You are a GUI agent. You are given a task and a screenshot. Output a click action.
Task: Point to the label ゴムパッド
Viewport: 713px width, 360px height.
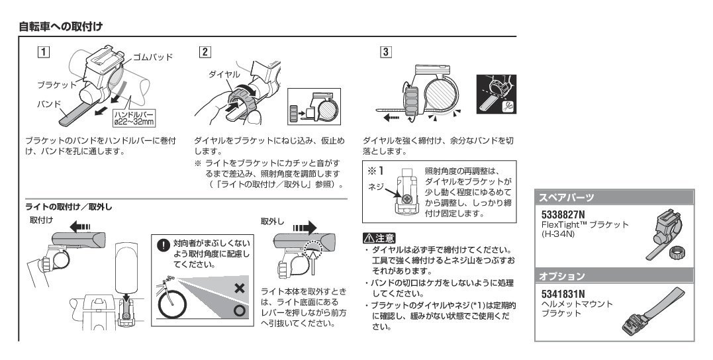tap(152, 57)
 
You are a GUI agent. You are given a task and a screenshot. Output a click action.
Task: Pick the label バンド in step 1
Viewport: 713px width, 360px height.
tap(49, 105)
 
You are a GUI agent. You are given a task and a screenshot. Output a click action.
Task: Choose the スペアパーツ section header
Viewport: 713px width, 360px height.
tap(566, 198)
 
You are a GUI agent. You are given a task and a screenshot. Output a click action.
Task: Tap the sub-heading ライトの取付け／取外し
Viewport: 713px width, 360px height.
tap(70, 207)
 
